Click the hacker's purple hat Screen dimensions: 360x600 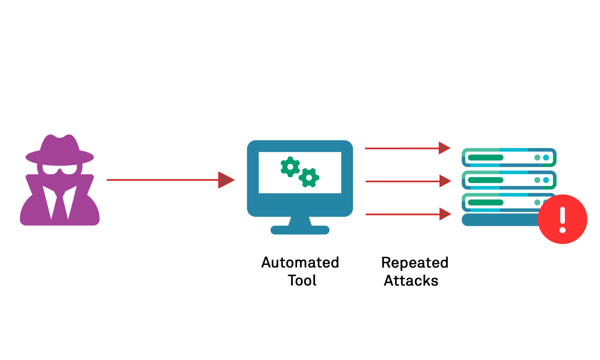coord(60,150)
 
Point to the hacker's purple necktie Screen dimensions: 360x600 coord(60,205)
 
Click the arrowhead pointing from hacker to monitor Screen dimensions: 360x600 coord(225,180)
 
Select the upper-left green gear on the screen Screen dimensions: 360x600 coord(290,167)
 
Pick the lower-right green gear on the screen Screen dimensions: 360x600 coord(309,178)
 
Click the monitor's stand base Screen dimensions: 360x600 coord(300,230)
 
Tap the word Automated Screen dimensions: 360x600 coord(300,262)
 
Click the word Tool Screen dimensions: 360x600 coord(302,280)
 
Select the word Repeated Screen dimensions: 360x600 coord(414,263)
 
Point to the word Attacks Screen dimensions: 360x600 coord(411,280)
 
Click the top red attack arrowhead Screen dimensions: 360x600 coord(444,148)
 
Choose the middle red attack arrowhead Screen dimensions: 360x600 coord(445,181)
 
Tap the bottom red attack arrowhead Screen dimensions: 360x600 coord(445,214)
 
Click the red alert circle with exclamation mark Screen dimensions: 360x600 coord(562,219)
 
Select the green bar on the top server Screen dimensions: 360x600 coord(486,158)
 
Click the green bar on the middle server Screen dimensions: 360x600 coord(486,180)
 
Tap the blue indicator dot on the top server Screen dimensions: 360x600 coord(546,158)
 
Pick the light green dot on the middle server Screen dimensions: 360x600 coord(537,180)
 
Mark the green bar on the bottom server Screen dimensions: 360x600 coord(486,202)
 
